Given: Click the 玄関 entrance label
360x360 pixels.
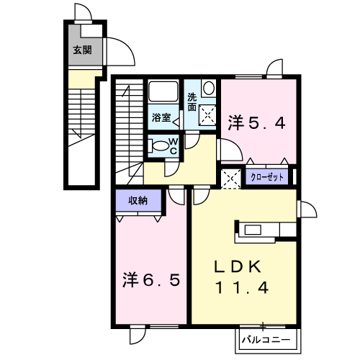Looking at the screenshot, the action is pos(82,50).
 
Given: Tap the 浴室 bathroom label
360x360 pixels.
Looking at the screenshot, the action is pos(161,117).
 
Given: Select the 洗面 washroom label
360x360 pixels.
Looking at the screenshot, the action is pos(192,102).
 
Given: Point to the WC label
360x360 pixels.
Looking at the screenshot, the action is pos(174,146).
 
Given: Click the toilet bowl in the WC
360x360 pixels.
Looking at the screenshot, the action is pos(158,146).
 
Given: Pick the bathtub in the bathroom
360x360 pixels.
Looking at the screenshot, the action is pos(163,91).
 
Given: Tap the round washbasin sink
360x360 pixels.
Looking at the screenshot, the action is pos(209,88).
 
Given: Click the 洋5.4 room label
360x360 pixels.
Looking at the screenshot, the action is pos(256,123).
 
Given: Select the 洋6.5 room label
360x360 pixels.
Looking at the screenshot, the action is pos(151,280).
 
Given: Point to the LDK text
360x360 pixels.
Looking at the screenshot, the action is pos(238,266).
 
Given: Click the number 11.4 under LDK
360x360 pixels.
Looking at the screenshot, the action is pos(242,287).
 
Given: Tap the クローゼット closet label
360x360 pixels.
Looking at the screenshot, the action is pos(267,177).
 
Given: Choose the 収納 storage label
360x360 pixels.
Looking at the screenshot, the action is pos(138,200).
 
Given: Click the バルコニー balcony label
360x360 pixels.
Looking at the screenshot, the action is pos(266,340).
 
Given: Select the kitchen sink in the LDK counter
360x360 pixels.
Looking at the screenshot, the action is pos(253,230).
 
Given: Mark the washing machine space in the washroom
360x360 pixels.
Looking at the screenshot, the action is pos(208,116).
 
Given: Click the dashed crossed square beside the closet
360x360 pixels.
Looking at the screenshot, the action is pos(230,179).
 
